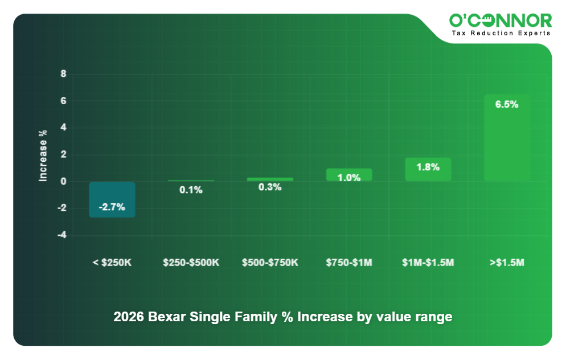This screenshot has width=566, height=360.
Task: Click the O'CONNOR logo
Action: pyautogui.click(x=501, y=21)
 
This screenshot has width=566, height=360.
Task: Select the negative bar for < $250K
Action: pyautogui.click(x=112, y=199)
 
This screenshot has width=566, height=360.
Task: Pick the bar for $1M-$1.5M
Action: pyautogui.click(x=428, y=170)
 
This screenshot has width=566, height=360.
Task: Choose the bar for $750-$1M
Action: pyautogui.click(x=349, y=175)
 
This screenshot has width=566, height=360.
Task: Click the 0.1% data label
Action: pyautogui.click(x=191, y=190)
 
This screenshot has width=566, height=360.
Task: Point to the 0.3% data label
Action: pyautogui.click(x=270, y=187)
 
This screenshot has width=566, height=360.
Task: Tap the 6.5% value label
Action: pyautogui.click(x=507, y=105)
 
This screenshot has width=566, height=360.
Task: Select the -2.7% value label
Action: pyautogui.click(x=112, y=207)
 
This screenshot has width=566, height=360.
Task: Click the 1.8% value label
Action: pyautogui.click(x=428, y=167)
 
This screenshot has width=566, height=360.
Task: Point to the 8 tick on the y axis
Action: pyautogui.click(x=63, y=74)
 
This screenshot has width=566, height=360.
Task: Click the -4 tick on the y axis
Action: pyautogui.click(x=61, y=235)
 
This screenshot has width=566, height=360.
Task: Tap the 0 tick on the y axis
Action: pyautogui.click(x=63, y=182)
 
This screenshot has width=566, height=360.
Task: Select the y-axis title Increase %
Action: pyautogui.click(x=43, y=156)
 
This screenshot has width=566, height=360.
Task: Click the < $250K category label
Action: pyautogui.click(x=112, y=263)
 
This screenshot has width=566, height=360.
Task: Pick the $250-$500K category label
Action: pyautogui.click(x=191, y=263)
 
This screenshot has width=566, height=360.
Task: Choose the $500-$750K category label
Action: pyautogui.click(x=270, y=263)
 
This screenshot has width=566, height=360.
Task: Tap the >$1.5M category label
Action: pyautogui.click(x=507, y=263)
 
